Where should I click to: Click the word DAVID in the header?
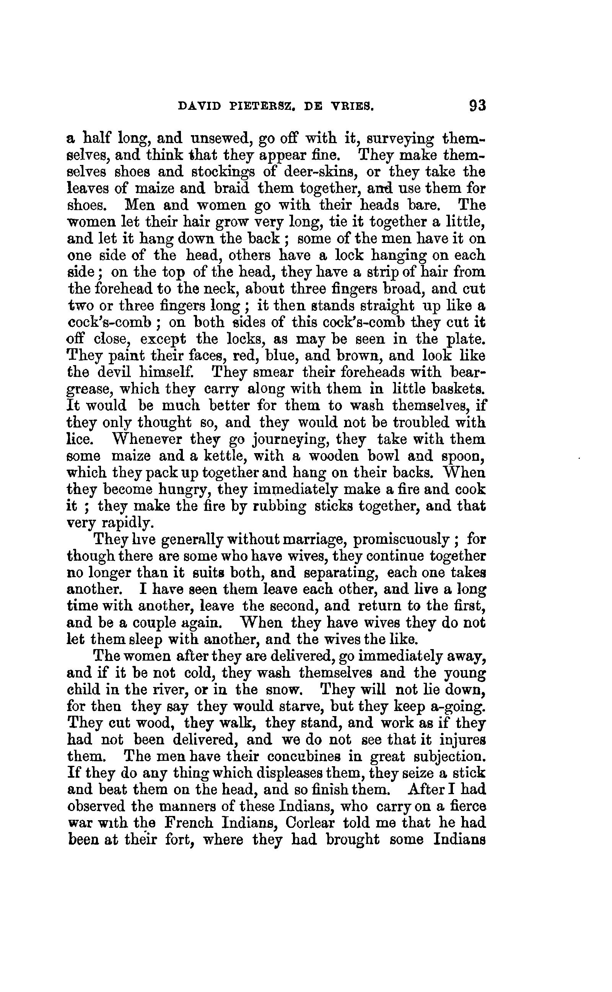(199, 106)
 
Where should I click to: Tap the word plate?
(465, 339)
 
